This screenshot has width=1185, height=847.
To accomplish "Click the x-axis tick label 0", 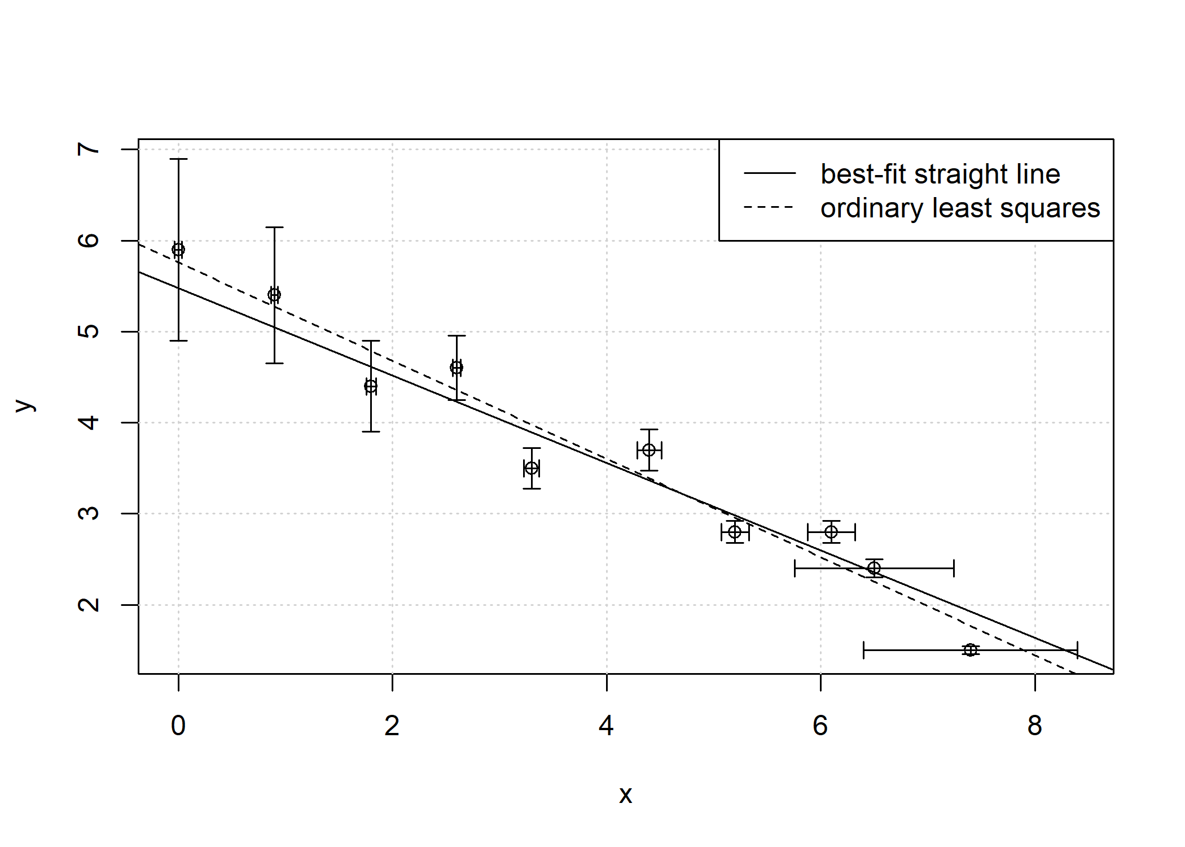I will pos(178,726).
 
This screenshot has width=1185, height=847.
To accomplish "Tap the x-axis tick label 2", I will pos(392,726).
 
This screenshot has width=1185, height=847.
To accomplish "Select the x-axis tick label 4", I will pos(606,726).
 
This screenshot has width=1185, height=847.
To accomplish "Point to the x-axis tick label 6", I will pos(820,726).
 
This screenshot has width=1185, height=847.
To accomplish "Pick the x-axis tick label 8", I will pos(1034,726).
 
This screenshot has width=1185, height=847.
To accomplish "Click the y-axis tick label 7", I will pos(89,149).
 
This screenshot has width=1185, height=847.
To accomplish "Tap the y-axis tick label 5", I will pos(89,331).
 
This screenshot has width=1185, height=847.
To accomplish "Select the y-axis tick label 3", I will pos(89,513).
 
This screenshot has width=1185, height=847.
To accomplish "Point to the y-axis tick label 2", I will pos(89,605).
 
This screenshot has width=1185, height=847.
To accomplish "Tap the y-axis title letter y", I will pos(25,405).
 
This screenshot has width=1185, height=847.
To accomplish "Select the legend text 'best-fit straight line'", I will pos(940,174).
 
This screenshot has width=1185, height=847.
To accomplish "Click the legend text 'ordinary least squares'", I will pos(960,208).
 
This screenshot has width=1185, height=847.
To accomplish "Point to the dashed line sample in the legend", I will pos(770,207).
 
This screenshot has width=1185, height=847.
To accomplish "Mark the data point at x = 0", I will pos(178,250).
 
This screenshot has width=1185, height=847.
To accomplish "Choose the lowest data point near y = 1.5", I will pos(970,650).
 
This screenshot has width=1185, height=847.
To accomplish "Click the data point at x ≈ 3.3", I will pos(532,468).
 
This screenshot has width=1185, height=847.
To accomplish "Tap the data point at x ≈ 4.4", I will pos(649,450).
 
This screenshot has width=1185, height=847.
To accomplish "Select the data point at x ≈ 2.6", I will pos(457,368).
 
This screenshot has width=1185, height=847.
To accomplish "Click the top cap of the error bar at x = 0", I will pos(178,159).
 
